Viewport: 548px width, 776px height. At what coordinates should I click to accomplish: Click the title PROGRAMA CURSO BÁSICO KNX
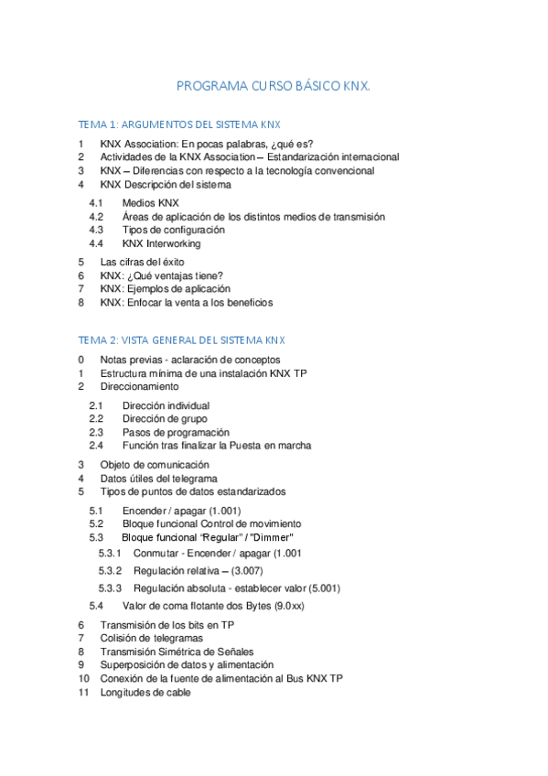[273, 86]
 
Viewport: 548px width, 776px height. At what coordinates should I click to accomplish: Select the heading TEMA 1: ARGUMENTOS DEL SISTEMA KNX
[179, 123]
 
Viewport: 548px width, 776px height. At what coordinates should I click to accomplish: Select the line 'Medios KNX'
[150, 203]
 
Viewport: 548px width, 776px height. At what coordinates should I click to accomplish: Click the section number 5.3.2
[110, 570]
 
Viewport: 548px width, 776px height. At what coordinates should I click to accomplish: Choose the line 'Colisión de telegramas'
[151, 638]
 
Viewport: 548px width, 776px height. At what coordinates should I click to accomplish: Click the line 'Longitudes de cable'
[145, 693]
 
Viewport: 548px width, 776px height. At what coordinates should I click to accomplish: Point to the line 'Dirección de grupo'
[165, 419]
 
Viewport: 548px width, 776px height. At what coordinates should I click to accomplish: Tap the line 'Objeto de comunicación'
[148, 465]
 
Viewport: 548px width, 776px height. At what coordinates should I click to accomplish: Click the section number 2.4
[96, 446]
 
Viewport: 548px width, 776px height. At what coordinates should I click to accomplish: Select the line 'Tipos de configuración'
[173, 231]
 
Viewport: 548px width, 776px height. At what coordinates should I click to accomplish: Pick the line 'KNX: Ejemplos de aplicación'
[165, 288]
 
